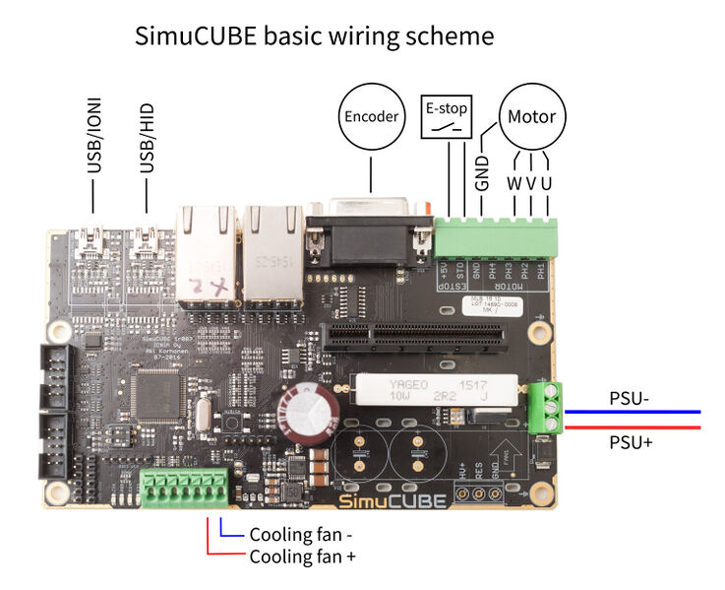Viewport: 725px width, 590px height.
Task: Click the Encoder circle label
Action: pyautogui.click(x=371, y=116)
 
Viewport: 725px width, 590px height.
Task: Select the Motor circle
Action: pyautogui.click(x=531, y=116)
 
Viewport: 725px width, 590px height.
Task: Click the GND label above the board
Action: pyautogui.click(x=482, y=172)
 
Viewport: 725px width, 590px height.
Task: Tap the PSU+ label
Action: pyautogui.click(x=631, y=442)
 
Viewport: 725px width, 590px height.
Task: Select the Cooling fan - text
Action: pyautogui.click(x=300, y=536)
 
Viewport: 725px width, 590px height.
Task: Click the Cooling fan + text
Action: pyautogui.click(x=302, y=557)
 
